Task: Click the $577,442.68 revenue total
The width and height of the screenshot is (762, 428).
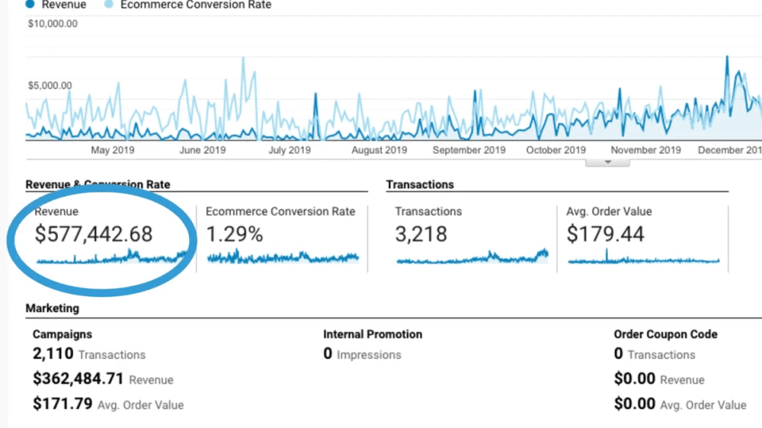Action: [x=94, y=234]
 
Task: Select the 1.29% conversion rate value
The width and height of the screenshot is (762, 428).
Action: [x=235, y=234]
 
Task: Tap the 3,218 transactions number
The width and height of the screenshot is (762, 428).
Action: [x=421, y=234]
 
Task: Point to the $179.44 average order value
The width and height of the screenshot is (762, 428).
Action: [x=605, y=234]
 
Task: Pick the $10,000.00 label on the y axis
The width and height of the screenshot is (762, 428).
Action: [x=53, y=24]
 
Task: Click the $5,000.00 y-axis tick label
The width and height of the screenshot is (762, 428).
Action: [x=50, y=85]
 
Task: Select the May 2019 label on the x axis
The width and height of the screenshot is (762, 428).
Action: [x=113, y=150]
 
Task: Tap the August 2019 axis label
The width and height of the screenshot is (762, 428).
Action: [x=379, y=150]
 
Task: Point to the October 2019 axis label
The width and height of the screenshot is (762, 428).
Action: [x=555, y=150]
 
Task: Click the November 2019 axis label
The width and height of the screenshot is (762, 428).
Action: [x=645, y=150]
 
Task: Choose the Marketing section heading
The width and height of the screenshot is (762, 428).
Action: [x=52, y=308]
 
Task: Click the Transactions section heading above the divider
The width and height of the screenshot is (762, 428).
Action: [x=420, y=184]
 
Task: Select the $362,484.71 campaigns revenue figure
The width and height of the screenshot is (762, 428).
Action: [x=78, y=379]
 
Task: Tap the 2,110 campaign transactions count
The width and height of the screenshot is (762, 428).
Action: [x=53, y=354]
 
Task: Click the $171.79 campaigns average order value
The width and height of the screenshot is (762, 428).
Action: [x=62, y=404]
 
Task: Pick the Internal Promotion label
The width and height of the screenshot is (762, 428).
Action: [x=373, y=334]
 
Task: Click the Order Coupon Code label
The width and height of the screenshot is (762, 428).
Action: [x=665, y=334]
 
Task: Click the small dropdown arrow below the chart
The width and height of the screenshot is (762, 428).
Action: [x=607, y=162]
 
